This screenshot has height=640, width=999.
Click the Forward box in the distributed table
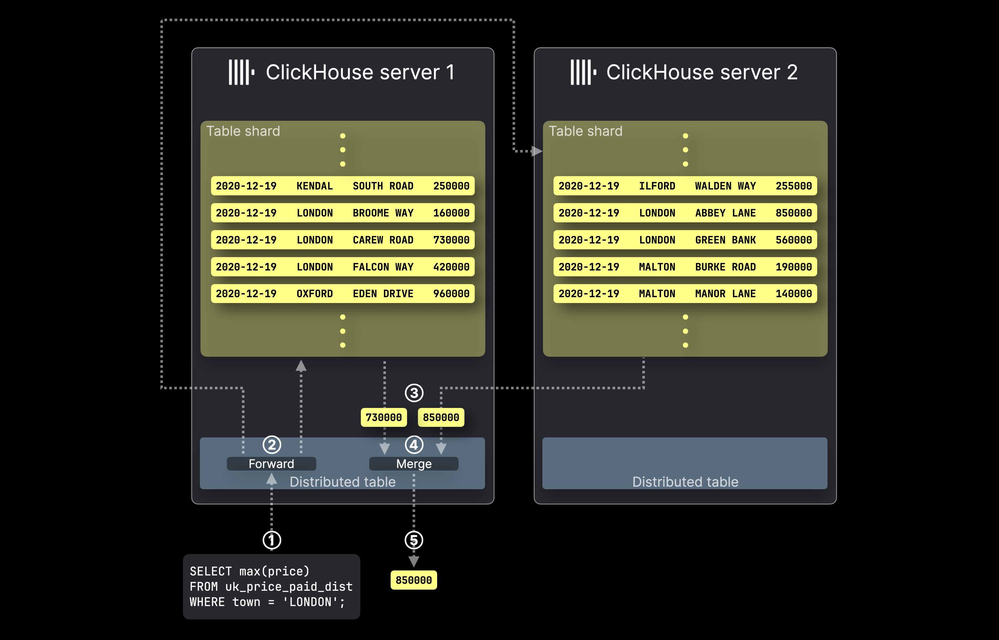tap(271, 463)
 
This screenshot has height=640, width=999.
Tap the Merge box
tap(414, 463)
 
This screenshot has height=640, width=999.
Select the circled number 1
tap(272, 540)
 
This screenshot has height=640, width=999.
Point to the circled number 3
tap(414, 393)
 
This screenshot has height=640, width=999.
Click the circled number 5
tap(414, 540)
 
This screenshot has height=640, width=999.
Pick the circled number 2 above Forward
tap(272, 445)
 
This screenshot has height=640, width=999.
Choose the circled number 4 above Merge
tap(414, 445)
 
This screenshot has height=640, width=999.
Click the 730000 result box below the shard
tap(383, 417)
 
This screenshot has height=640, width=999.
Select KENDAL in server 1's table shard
tap(315, 186)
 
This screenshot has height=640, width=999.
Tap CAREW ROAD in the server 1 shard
tap(383, 240)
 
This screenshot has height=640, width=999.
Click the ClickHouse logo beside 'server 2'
tap(583, 72)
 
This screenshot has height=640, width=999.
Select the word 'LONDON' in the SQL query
tap(310, 602)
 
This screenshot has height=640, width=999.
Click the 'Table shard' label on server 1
tap(243, 131)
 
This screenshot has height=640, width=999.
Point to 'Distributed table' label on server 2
tap(685, 482)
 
